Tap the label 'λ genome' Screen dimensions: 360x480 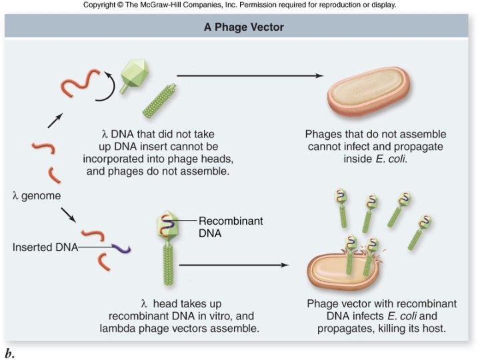37,195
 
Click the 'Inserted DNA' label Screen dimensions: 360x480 43,247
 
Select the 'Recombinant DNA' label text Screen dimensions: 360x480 223,227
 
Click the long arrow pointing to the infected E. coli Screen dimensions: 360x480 237,265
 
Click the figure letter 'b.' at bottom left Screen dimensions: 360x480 9,353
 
